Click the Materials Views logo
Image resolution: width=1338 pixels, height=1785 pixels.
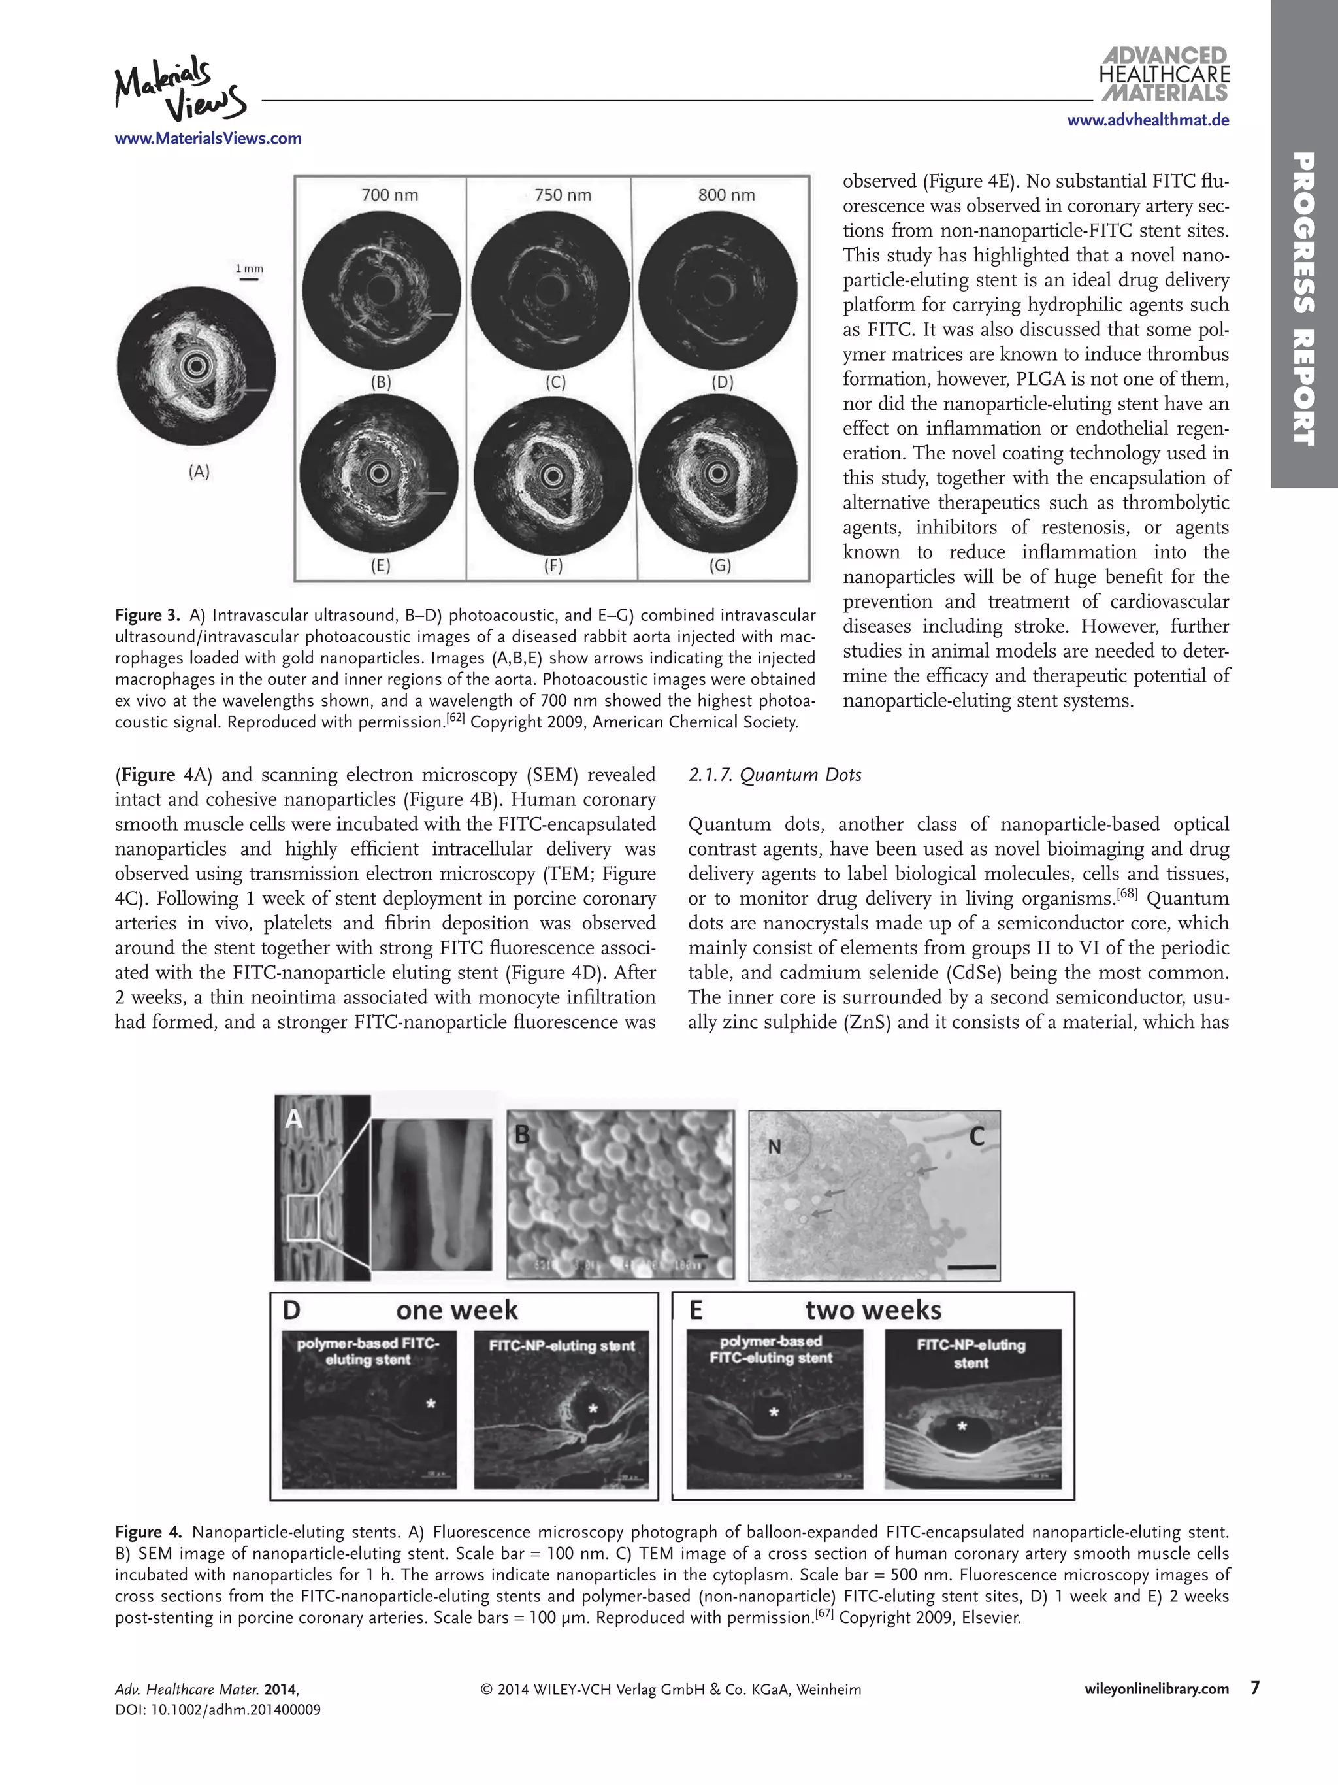pos(179,88)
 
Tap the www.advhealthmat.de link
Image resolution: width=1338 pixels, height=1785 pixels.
pos(1148,120)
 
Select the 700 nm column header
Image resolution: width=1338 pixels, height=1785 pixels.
pos(389,195)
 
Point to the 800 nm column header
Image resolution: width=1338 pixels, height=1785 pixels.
pos(726,195)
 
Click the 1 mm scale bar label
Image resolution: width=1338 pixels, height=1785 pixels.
pos(248,269)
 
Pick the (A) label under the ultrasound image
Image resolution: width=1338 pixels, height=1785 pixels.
pos(199,472)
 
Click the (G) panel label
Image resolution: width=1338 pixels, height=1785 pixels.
pos(719,565)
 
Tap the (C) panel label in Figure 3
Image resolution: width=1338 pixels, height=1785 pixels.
pos(555,382)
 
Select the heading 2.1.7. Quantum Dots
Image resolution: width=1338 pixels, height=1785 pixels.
pos(774,775)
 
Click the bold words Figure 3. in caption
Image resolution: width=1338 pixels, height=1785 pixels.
pos(148,616)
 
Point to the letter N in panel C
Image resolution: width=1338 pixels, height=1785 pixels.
pos(774,1146)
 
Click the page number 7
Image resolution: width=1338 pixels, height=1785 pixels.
pos(1255,1688)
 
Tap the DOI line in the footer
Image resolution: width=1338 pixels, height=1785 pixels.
pos(218,1709)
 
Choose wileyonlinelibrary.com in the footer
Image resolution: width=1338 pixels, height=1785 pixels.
pos(1156,1689)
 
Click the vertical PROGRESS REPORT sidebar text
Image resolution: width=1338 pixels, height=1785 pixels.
pos(1303,299)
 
